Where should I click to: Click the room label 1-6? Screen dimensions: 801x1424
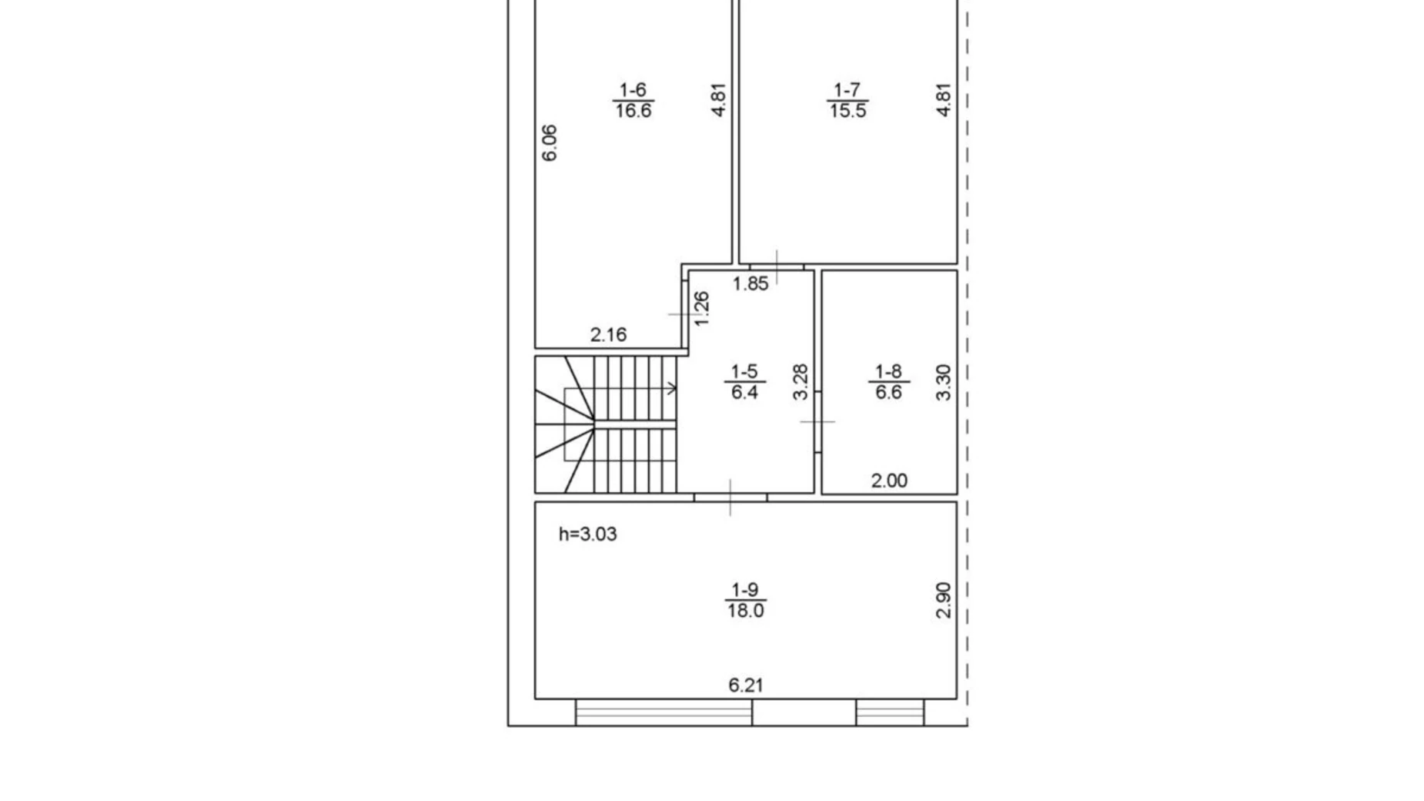[633, 90]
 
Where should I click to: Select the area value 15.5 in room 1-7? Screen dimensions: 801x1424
[847, 111]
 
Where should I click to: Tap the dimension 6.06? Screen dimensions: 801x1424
[550, 143]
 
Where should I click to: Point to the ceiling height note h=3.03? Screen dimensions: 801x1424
[587, 535]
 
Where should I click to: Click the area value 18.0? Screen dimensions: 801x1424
[745, 611]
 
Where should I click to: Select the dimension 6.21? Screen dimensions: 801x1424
[745, 685]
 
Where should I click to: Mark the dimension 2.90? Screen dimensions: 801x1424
[944, 601]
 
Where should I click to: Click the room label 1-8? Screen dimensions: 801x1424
[888, 371]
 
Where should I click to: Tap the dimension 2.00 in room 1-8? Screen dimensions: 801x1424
[889, 481]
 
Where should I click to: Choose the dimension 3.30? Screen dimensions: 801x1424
[944, 382]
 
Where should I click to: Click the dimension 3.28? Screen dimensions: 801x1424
[801, 382]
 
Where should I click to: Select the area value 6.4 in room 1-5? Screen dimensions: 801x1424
[744, 393]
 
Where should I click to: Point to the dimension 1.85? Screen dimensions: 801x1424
[750, 283]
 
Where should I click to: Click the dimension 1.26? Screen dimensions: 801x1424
[701, 308]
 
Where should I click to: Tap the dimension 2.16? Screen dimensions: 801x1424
[608, 334]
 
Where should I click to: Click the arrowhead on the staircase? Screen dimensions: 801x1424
[672, 388]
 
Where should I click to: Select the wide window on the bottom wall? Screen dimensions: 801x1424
[664, 712]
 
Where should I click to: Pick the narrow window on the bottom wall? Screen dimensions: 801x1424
[890, 712]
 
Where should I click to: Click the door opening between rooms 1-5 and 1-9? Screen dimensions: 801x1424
[730, 498]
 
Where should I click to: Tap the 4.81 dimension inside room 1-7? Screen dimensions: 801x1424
[944, 100]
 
